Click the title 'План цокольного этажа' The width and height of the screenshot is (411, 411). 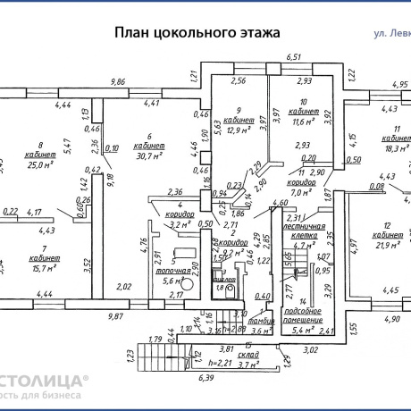tap(197, 32)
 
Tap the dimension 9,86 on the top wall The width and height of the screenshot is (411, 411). tap(117, 81)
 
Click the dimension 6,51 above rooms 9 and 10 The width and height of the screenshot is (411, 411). tap(291, 57)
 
